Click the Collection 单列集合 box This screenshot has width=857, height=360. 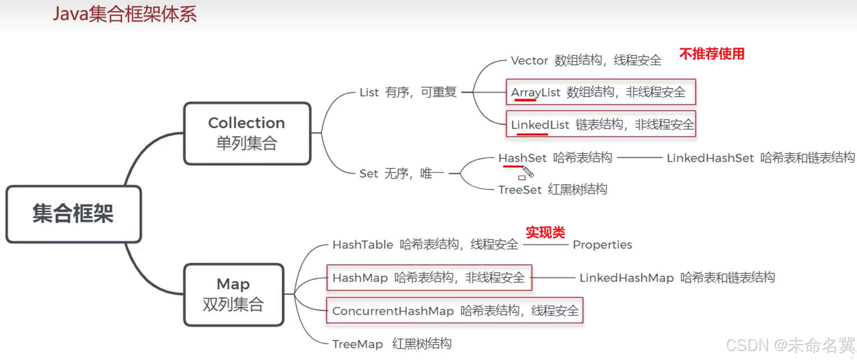coord(247,133)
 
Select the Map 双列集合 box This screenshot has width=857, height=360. coord(233,294)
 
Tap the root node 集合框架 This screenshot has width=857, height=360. coord(73,214)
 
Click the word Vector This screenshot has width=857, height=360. coord(529,61)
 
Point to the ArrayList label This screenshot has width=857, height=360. coord(535,92)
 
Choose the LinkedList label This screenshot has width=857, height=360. coord(540,125)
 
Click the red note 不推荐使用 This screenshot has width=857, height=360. coord(712,54)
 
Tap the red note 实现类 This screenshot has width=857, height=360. coord(545,232)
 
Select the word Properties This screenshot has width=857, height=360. coord(602,245)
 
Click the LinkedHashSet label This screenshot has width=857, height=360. coord(710,158)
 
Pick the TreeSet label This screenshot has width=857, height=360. coord(519,190)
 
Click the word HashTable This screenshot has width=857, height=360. coord(363,245)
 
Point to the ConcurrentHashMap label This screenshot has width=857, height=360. coord(393,311)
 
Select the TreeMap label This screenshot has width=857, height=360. coord(357,344)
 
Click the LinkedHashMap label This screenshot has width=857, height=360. coord(626,278)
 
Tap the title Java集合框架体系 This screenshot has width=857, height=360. coord(125,14)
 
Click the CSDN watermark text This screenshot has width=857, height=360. coord(790,345)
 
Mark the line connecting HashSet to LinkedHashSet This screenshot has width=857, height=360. coord(640,158)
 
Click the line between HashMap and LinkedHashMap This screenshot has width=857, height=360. coord(553,277)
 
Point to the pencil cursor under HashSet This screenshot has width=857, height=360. coord(527,172)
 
